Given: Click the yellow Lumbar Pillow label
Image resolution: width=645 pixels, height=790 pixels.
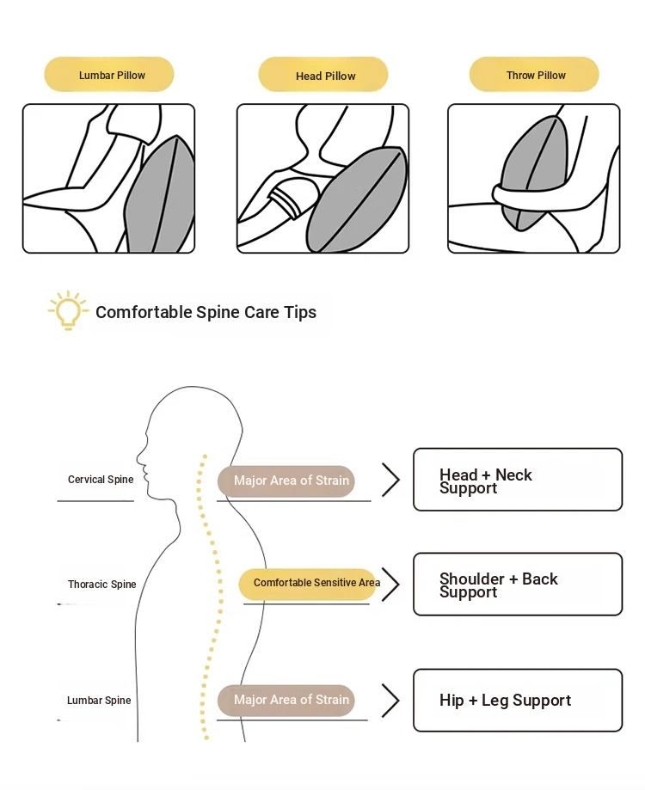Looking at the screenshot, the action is click(x=109, y=74).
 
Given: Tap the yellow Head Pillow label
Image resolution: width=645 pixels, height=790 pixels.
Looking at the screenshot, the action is click(x=323, y=75).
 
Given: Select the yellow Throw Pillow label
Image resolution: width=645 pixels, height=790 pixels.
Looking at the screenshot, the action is click(x=534, y=74).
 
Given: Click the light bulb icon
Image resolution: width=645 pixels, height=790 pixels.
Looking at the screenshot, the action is click(x=68, y=309).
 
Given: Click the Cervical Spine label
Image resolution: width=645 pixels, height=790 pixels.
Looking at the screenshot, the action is click(x=101, y=479).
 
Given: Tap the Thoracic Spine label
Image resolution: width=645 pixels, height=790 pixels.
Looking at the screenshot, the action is click(x=101, y=584).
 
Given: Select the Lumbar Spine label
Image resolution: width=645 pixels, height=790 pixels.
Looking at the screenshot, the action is click(x=99, y=700).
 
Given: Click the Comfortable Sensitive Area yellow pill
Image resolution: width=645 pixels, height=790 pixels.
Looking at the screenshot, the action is click(x=309, y=584).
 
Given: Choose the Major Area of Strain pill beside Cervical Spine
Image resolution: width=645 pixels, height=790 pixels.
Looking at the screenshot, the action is click(x=286, y=481).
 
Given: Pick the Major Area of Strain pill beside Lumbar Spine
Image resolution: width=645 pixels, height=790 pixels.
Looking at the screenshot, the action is click(x=286, y=701).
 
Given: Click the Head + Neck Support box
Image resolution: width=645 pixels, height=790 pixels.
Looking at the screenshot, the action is click(x=518, y=479).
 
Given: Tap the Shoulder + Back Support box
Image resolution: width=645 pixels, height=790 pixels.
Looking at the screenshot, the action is click(x=518, y=584).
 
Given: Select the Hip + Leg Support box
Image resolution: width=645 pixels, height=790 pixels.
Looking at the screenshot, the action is click(x=518, y=701).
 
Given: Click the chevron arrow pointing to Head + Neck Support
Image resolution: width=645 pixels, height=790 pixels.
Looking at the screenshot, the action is click(x=391, y=480).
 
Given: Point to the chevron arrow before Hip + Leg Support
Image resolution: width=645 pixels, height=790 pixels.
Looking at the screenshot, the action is click(x=391, y=701).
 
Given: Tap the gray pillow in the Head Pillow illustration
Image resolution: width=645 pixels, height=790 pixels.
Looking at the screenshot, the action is click(x=355, y=199).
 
